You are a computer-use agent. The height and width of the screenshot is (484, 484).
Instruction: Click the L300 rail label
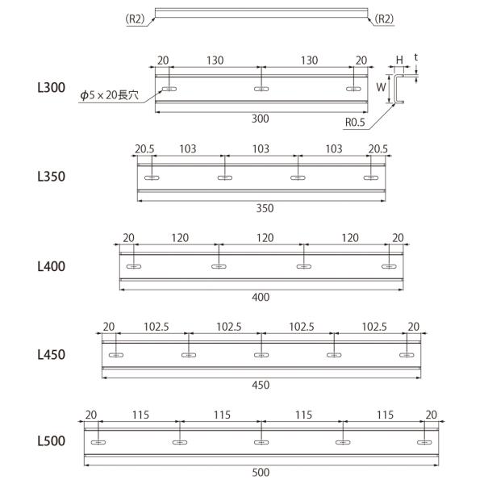(52, 88)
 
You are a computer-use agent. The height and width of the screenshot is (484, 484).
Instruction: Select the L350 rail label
(52, 177)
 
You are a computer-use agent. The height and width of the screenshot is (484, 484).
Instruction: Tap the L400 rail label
(52, 266)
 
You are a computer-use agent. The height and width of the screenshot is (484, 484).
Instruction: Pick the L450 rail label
(52, 355)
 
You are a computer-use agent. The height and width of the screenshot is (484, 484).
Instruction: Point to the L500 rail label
(52, 441)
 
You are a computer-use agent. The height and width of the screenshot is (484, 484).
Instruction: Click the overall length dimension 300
(261, 119)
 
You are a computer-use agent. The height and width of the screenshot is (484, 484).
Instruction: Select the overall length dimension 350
(265, 208)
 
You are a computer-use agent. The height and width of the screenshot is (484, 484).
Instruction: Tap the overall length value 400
(261, 297)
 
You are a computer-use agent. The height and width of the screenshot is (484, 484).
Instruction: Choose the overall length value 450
(261, 386)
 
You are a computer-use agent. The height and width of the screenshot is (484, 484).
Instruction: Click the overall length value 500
(261, 473)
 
